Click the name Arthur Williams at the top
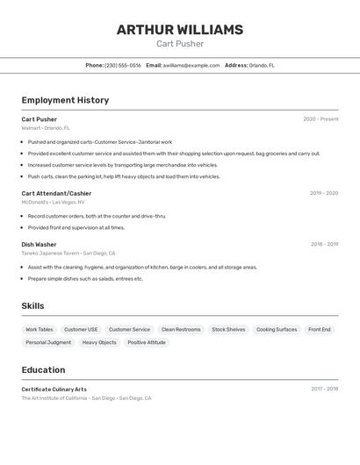click(x=180, y=30)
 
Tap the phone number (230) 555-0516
click(x=122, y=65)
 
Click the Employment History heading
click(x=65, y=100)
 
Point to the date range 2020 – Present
click(x=320, y=119)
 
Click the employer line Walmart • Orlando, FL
click(x=46, y=128)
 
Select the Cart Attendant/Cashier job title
click(x=56, y=193)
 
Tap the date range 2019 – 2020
click(x=324, y=193)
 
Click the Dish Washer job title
click(x=39, y=245)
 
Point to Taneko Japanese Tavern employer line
click(x=68, y=254)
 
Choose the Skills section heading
click(x=32, y=306)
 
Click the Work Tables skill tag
click(x=39, y=330)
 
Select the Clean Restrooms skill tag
click(x=181, y=330)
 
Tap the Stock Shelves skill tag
click(x=228, y=330)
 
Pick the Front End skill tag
click(x=320, y=330)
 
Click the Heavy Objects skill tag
click(x=99, y=342)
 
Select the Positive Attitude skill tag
click(x=147, y=342)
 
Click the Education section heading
click(x=43, y=370)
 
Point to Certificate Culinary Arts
click(x=54, y=389)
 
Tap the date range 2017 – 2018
click(x=324, y=389)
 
